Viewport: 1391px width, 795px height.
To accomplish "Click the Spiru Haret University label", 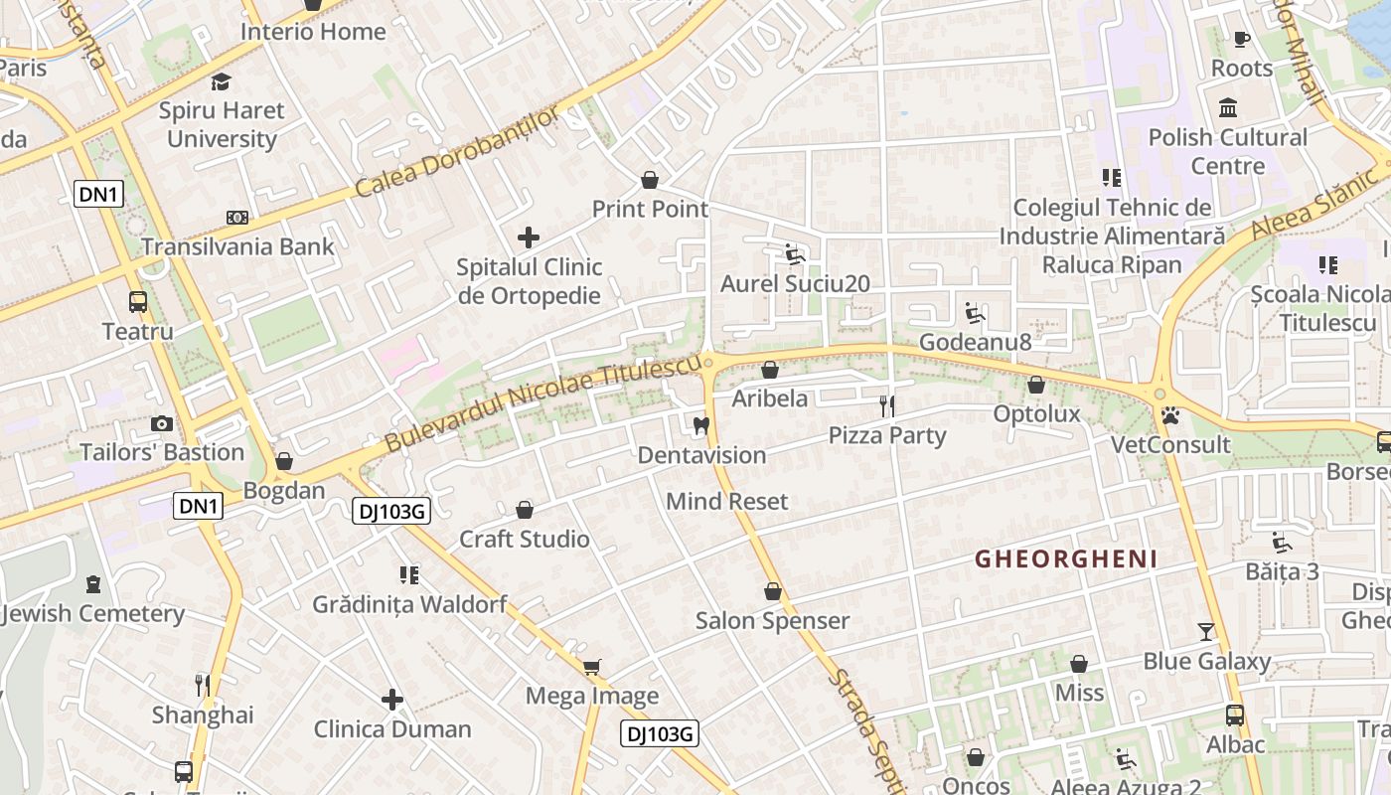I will point(222,124).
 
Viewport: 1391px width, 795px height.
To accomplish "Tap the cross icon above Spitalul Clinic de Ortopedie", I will point(529,238).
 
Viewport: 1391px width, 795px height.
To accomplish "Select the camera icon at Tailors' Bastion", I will point(162,424).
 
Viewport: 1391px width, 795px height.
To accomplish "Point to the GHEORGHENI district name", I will point(1066,559).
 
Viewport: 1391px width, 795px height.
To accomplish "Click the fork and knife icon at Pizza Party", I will point(887,405).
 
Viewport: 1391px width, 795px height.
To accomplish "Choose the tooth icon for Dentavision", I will point(701,426).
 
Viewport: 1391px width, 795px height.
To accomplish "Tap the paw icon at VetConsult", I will point(1170,415).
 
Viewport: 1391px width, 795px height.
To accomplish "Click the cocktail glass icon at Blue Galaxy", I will point(1206,631).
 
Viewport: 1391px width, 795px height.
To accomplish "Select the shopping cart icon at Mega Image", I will point(592,667).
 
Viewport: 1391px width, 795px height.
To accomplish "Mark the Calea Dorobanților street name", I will point(457,152).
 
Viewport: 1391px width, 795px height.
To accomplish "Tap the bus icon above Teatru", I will point(138,302).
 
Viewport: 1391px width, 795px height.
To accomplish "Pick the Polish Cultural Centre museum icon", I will point(1228,107).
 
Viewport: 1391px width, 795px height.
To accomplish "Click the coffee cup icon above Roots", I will point(1241,39).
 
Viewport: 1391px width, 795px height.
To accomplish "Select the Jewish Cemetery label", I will point(93,613).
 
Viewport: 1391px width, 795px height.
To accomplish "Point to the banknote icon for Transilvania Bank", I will point(237,217).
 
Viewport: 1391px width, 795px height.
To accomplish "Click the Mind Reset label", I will point(726,501).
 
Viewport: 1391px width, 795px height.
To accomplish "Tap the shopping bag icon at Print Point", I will point(650,180).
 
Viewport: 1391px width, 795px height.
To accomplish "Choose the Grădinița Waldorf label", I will point(409,604).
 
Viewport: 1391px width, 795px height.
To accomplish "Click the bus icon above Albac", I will point(1235,715).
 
